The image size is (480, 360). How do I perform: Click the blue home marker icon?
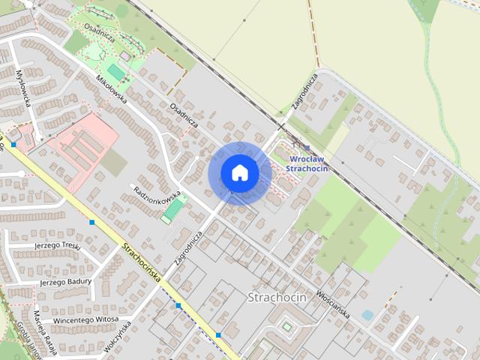(239, 172)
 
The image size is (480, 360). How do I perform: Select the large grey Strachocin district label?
(277, 297)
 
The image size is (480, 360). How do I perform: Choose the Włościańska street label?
(333, 303)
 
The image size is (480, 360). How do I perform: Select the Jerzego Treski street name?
(56, 245)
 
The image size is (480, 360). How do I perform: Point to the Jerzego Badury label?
(65, 282)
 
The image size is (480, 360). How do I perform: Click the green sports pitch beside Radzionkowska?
(172, 209)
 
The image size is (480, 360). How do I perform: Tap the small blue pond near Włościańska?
(367, 316)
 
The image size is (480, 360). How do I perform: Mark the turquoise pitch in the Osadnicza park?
(115, 71)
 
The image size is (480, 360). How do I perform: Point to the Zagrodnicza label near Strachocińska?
(187, 247)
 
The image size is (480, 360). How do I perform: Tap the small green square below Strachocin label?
(286, 326)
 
